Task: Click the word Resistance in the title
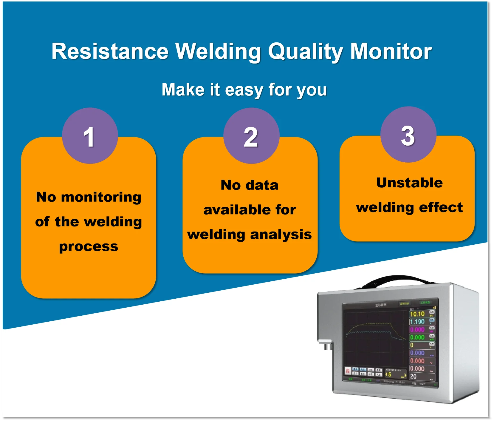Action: coord(110,51)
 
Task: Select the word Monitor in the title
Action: coord(391,51)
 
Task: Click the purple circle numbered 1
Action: coord(90,136)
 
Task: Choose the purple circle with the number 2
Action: coord(251,136)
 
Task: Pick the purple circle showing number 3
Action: coord(408,135)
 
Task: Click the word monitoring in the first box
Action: coord(101,197)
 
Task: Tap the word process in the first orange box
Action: coord(89,246)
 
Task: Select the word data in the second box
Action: coord(262,185)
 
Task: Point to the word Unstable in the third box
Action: coord(409,183)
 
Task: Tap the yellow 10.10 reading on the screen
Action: coord(417,314)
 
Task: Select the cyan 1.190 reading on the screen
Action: coord(417,322)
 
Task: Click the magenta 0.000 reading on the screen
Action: coord(417,330)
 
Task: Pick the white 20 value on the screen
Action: coord(413,376)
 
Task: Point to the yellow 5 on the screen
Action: coord(389,374)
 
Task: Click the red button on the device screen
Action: coord(348,371)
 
